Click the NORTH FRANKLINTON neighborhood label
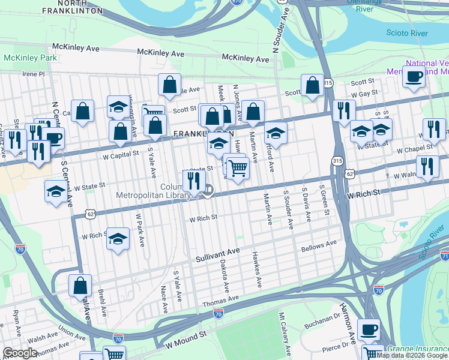[x=73, y=7]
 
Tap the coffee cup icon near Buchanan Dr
[x=369, y=329]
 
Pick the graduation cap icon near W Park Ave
[x=118, y=238]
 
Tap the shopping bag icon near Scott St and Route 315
[x=312, y=85]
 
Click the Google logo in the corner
[x=20, y=353]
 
